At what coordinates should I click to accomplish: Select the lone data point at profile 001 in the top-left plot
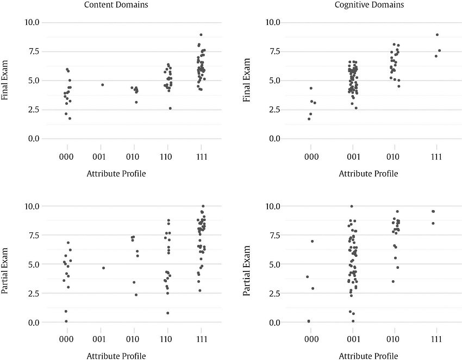(x=102, y=85)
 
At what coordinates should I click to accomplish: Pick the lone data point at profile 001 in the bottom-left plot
(x=103, y=268)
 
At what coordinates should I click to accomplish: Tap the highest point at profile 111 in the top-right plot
(x=437, y=35)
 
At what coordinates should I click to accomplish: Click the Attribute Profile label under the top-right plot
(x=369, y=174)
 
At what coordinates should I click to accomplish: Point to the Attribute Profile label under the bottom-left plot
(x=116, y=356)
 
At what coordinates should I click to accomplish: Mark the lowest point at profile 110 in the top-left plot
(x=170, y=108)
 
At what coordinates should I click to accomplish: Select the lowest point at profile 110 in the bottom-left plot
(x=168, y=313)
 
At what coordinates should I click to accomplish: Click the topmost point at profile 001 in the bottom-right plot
(x=352, y=206)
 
